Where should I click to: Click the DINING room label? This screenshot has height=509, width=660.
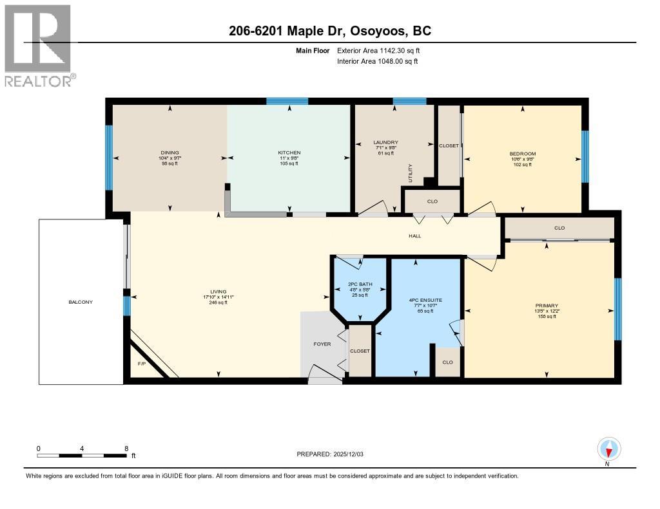[170, 153]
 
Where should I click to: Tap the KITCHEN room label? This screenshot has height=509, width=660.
[289, 153]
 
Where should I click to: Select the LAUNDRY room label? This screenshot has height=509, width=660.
[385, 142]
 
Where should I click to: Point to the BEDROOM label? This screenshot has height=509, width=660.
[522, 154]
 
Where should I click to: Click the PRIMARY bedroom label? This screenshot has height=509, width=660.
[546, 306]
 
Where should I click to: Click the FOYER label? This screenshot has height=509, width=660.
[322, 344]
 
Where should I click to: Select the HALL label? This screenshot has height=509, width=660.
[414, 236]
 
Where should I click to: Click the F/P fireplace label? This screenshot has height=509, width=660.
[141, 364]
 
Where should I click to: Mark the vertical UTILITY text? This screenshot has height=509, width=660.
[410, 172]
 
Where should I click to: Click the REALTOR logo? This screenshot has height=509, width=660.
[38, 45]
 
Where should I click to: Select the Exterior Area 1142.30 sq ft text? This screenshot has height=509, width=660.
[378, 50]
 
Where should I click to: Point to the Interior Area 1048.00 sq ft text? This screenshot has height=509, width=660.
[377, 61]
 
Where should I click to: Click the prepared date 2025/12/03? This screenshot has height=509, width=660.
[331, 454]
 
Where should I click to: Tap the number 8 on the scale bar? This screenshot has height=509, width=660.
[126, 449]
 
